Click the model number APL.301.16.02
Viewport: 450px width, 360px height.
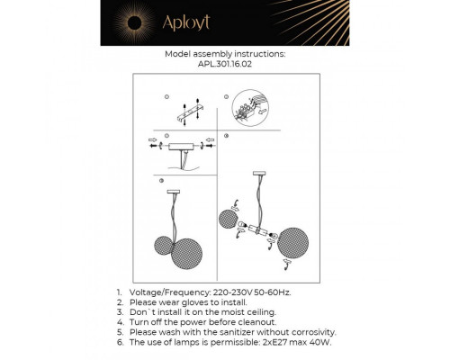[x=225, y=64]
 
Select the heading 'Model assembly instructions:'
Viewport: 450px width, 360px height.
[x=225, y=54]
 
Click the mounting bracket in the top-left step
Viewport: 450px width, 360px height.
[x=185, y=112]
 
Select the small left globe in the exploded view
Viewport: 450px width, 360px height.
[x=229, y=220]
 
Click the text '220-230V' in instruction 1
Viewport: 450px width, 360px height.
[x=230, y=293]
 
